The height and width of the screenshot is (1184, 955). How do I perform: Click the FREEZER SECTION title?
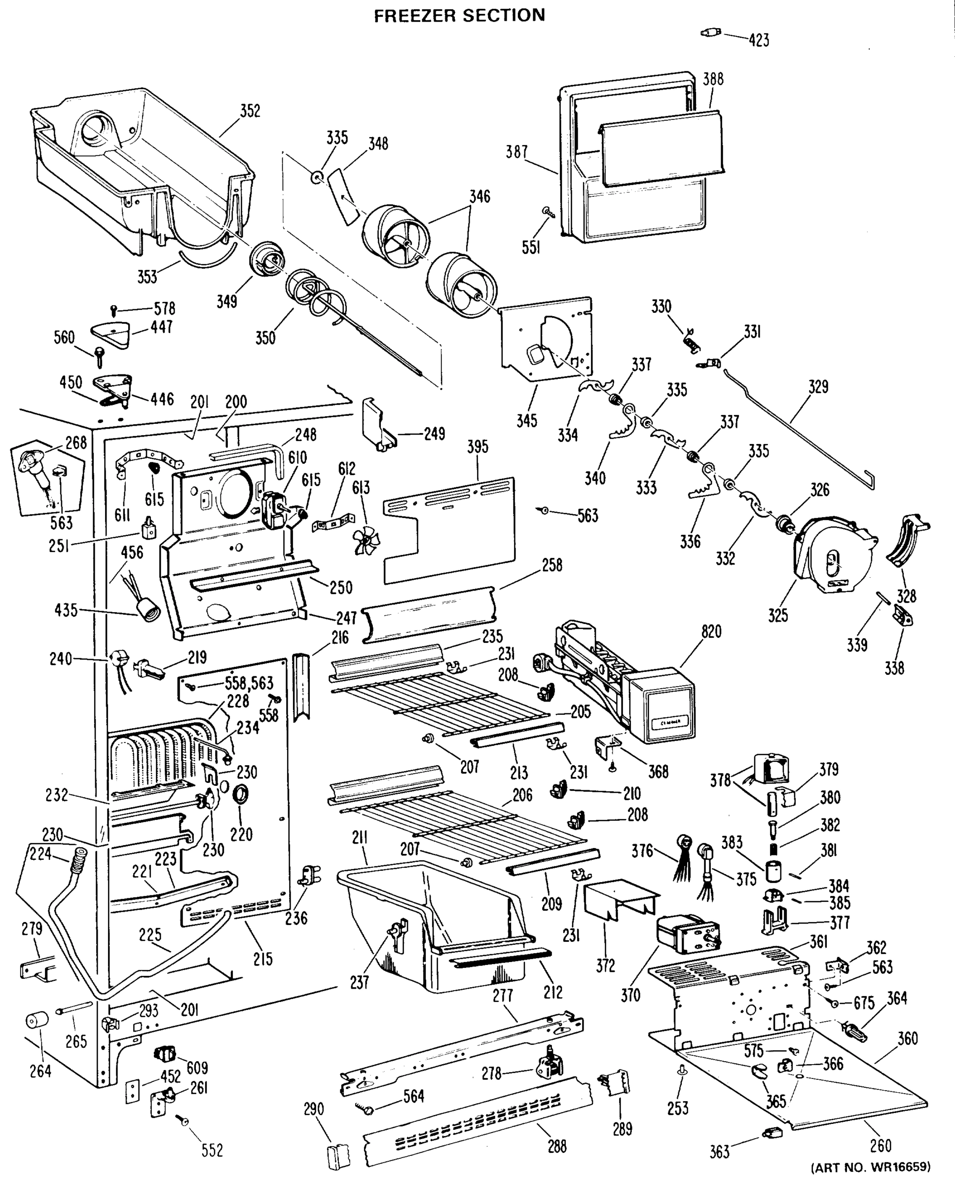coord(459,15)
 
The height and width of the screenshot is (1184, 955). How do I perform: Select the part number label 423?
coord(759,40)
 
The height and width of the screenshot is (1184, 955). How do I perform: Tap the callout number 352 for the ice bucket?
coord(250,111)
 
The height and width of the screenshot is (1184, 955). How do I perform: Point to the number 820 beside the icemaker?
coord(711,631)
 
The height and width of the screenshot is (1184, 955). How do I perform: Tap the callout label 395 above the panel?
coord(477,447)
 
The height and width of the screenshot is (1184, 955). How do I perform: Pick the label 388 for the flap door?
coord(713,79)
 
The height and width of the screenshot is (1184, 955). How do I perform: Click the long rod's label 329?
coord(818,387)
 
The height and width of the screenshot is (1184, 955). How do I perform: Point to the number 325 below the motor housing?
coord(778,615)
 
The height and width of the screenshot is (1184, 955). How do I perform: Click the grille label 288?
coord(557,1147)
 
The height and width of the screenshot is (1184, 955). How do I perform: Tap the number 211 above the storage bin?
coord(360,838)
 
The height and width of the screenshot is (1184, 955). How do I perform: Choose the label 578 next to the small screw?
coord(164,308)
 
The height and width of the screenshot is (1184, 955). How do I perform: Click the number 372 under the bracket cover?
coord(605,965)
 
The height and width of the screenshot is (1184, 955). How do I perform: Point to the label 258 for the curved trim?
coord(552,565)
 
